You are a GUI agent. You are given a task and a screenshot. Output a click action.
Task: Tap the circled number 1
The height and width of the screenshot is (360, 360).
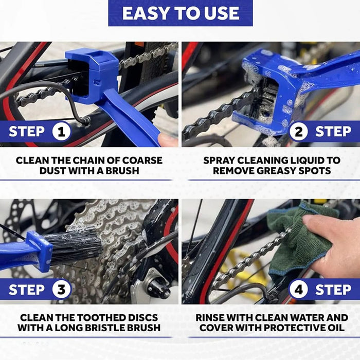61,132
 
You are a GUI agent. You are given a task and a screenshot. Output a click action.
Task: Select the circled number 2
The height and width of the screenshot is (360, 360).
299,132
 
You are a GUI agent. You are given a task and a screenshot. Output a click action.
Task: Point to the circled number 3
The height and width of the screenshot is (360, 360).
61,290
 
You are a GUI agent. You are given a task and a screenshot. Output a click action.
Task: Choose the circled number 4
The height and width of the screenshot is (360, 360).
299,290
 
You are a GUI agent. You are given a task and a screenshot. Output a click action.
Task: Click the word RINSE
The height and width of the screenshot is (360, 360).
210,317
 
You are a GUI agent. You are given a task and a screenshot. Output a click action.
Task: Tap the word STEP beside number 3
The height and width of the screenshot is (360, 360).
27,290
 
